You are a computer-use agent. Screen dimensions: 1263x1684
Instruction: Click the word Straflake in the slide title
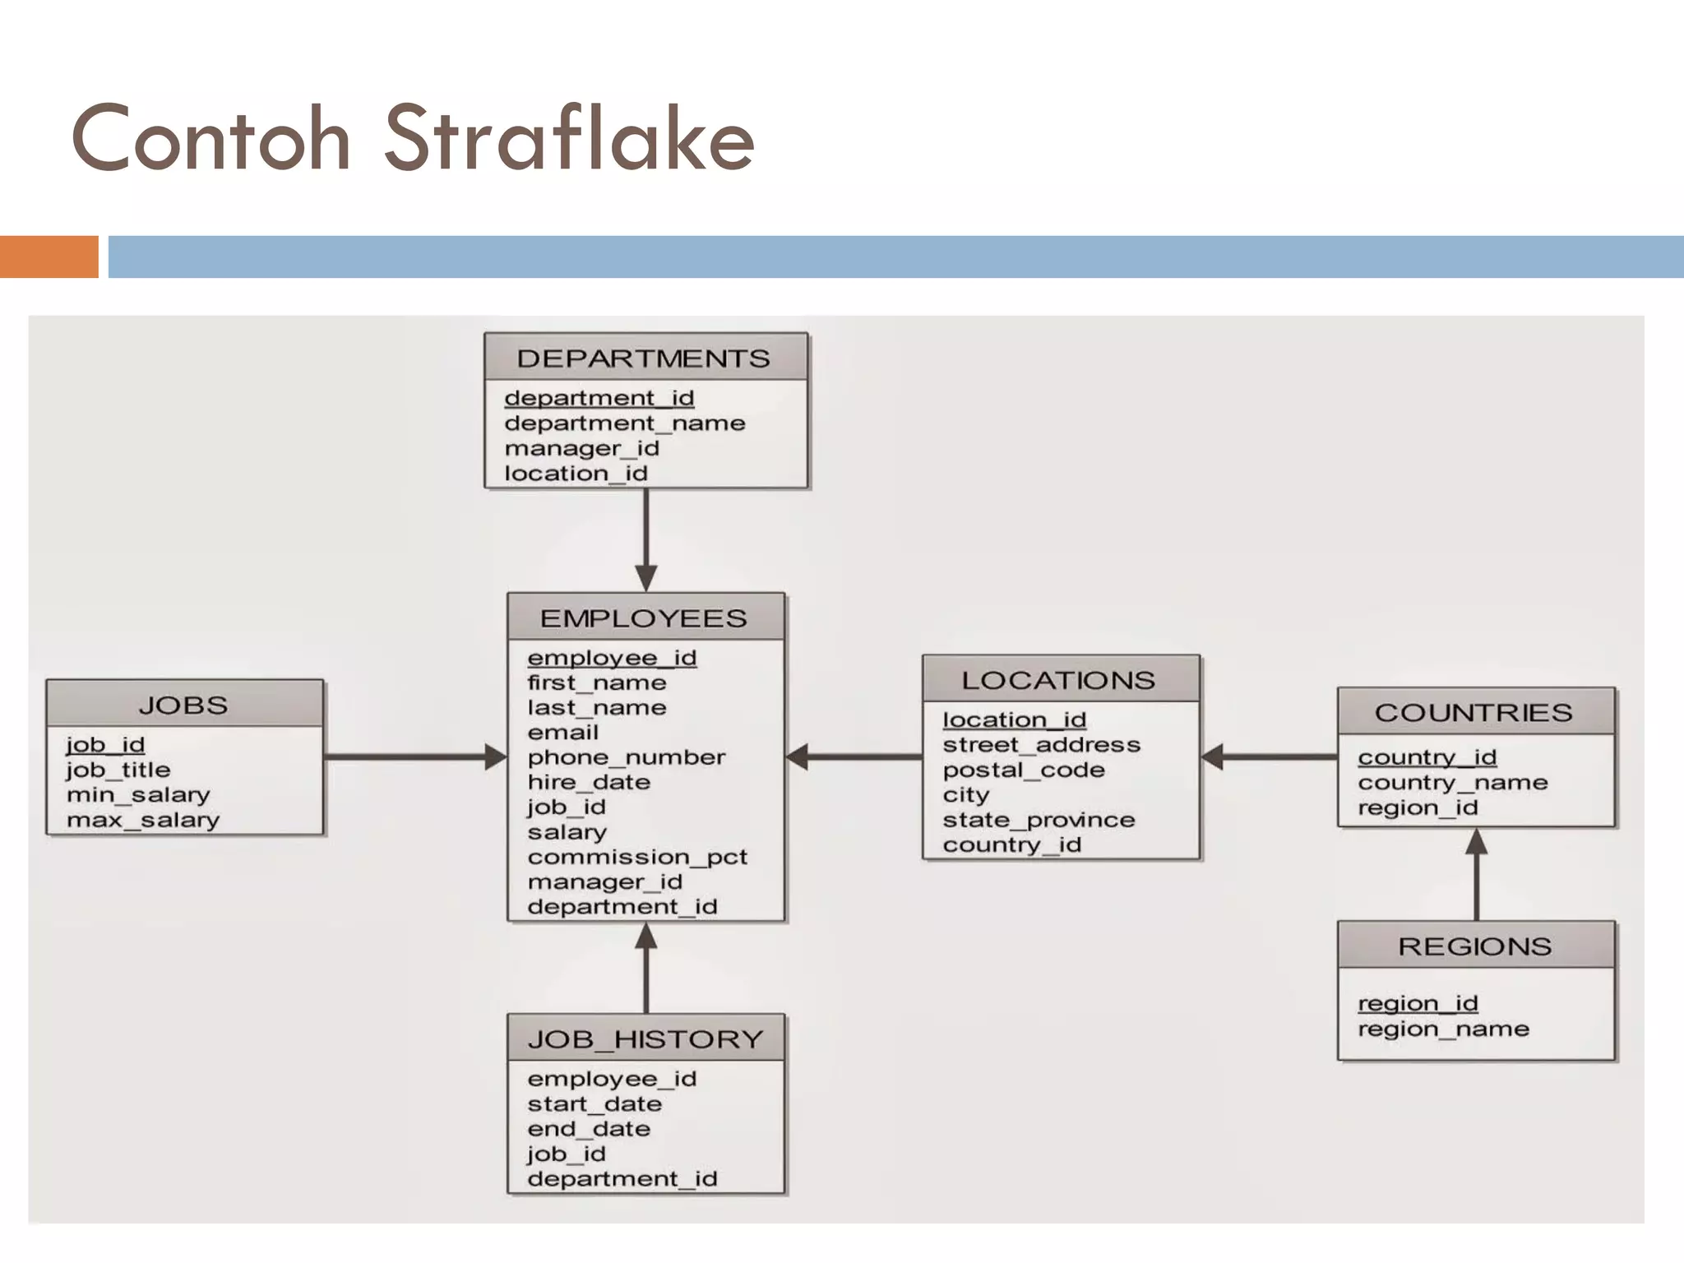point(569,138)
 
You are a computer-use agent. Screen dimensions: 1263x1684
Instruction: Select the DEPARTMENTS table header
point(644,358)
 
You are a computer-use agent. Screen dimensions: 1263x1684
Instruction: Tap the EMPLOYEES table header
point(644,618)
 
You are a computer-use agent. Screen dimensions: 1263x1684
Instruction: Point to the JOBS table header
point(183,705)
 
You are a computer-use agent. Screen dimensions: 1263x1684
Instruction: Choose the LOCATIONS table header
point(1058,680)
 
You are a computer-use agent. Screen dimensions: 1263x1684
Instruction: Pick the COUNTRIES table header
point(1473,712)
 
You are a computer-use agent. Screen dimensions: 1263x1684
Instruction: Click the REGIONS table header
point(1475,946)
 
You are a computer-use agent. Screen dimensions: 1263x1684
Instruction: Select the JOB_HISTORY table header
point(645,1039)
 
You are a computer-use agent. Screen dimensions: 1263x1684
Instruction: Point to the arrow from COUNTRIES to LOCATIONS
point(1269,756)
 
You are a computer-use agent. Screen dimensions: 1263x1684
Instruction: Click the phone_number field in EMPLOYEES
point(627,757)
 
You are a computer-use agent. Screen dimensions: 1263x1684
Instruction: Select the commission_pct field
point(637,857)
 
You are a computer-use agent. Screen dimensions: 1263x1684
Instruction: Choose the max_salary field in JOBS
point(143,820)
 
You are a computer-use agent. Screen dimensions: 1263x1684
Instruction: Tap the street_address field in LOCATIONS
point(1041,745)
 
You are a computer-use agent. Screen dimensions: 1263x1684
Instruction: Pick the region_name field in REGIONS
point(1443,1029)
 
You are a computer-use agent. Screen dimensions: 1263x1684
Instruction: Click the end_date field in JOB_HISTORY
point(589,1129)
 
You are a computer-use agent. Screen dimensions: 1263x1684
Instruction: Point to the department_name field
point(624,423)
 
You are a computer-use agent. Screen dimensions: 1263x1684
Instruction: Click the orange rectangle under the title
point(49,257)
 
